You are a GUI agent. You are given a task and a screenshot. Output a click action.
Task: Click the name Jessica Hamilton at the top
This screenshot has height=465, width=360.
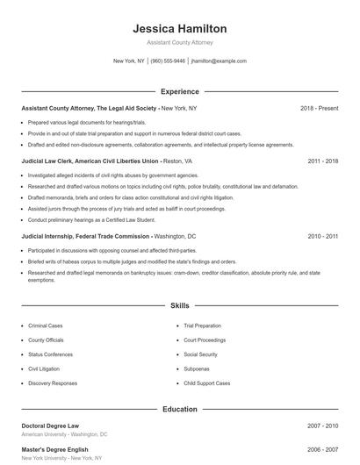coord(179,29)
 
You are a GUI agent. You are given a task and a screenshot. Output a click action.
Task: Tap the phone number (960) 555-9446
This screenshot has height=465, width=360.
coord(168,61)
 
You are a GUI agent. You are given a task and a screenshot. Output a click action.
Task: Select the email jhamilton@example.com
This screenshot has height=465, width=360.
coord(219,61)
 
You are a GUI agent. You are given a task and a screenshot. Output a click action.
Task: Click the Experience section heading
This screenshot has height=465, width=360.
coord(179,91)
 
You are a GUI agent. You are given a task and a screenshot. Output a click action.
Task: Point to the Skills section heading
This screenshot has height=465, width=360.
coord(179,306)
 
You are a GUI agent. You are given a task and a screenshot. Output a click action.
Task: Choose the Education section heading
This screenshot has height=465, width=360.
coord(179,409)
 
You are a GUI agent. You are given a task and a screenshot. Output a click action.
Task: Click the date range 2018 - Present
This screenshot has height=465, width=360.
coord(319,108)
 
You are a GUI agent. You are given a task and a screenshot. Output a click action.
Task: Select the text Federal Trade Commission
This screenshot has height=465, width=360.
coord(115,237)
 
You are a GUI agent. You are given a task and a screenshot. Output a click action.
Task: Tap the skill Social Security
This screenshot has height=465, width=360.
coord(201,354)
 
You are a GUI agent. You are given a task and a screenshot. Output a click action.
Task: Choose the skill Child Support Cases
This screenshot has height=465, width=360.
coord(207,383)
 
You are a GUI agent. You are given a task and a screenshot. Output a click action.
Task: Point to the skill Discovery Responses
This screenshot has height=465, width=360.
coord(53,383)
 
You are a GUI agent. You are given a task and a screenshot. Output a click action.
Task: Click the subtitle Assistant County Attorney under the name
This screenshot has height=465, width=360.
coord(179,42)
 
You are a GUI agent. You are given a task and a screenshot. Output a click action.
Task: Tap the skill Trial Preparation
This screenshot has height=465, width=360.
coord(203,325)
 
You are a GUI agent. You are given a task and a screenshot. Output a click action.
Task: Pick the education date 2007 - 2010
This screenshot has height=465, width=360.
coord(322,426)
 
